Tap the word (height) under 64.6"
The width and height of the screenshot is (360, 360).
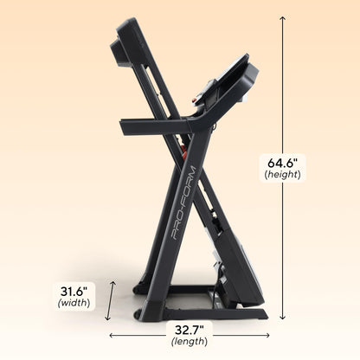[x=282, y=174]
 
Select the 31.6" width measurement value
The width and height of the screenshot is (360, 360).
[x=72, y=290]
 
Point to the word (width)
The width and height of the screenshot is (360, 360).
[x=72, y=304]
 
